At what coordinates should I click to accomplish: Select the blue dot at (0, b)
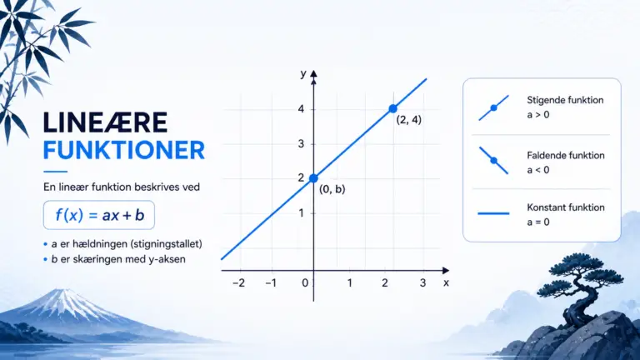point(313,178)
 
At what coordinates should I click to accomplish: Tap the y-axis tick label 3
point(301,143)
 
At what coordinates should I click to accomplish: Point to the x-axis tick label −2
point(239,282)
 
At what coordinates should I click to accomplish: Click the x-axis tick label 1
point(350,282)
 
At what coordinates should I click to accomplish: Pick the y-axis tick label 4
point(301,109)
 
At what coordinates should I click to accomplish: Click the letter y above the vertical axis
point(303,74)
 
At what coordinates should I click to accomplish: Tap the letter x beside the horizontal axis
point(446,282)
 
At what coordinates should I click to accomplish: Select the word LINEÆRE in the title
point(105,122)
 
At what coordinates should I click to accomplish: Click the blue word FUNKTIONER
point(123,150)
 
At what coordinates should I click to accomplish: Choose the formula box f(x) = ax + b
point(99,215)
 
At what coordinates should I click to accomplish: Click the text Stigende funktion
point(565,100)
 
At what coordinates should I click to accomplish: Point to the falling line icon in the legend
point(493,160)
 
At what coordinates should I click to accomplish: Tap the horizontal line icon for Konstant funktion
point(493,213)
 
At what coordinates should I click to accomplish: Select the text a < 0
point(538,170)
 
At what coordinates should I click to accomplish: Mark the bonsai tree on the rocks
point(584,286)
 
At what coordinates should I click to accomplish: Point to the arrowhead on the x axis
point(446,270)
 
